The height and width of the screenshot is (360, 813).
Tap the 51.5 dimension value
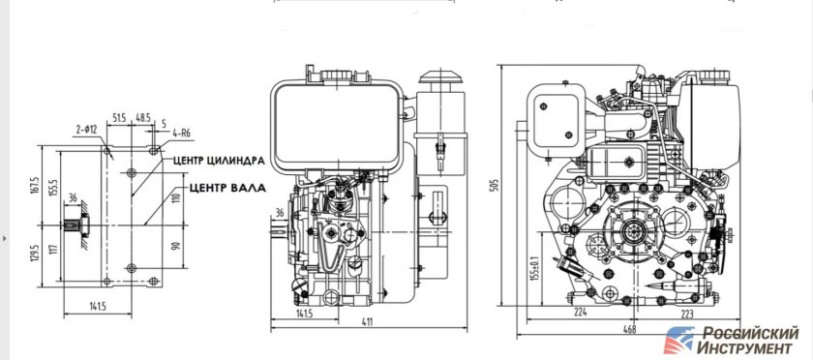click(120, 117)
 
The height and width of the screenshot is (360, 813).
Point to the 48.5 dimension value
click(142, 117)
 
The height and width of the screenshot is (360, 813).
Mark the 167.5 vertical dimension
click(35, 186)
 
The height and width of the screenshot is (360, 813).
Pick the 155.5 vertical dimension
click(53, 191)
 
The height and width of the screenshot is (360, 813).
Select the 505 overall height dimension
click(494, 184)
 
